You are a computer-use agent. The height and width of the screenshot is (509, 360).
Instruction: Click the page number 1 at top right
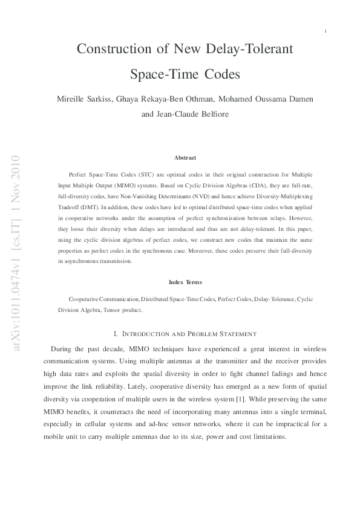326,30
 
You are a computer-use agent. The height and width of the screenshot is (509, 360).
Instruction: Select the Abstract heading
185,158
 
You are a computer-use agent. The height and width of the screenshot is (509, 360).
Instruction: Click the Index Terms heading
185,282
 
